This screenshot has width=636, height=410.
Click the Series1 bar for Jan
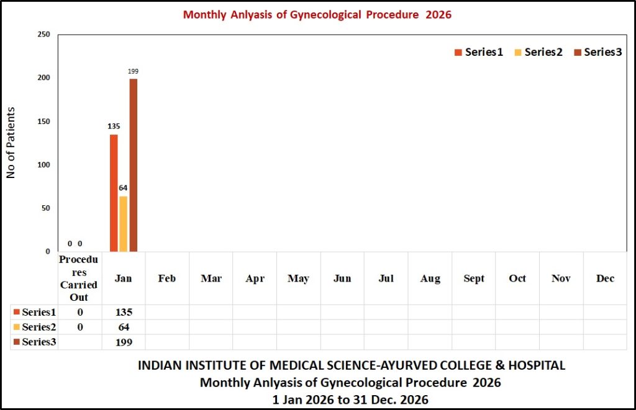[x=114, y=193]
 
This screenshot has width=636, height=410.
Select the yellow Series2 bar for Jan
[x=124, y=223]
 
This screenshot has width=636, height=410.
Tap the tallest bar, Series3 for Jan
[x=133, y=165]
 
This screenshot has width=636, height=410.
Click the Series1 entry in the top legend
[x=479, y=52]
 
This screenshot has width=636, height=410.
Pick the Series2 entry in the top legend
[x=538, y=52]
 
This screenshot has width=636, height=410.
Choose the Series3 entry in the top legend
[x=597, y=52]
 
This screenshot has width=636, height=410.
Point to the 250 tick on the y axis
[x=43, y=35]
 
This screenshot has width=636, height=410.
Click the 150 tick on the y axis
[x=43, y=122]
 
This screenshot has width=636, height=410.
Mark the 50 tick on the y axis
[x=45, y=208]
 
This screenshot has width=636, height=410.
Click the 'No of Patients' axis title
[x=11, y=143]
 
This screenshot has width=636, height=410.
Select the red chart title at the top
[x=317, y=14]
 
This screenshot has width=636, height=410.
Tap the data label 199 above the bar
[x=133, y=72]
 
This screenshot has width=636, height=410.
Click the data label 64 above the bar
[x=124, y=188]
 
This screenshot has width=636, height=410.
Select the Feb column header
[x=167, y=279]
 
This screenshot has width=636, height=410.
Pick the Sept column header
[x=474, y=279]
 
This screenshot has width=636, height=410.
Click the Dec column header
[x=605, y=279]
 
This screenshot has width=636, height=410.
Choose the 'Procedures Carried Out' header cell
[x=79, y=279]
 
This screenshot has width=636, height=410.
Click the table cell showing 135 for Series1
[x=123, y=312]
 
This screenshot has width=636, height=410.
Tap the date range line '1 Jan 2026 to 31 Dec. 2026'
[x=350, y=400]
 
